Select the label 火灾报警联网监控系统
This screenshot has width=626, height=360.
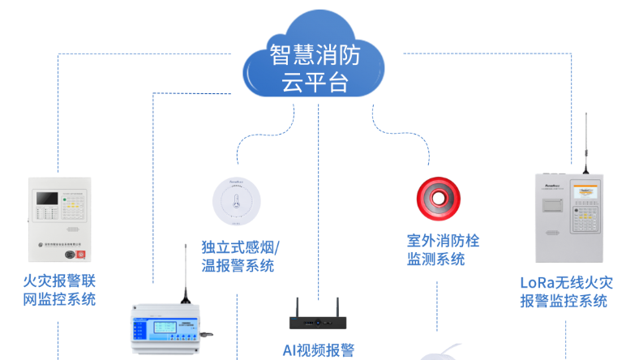coord(60,290)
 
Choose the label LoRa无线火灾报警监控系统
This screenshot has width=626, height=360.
coord(566,292)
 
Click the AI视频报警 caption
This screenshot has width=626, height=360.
coord(319,350)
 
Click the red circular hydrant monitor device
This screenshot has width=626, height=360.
coord(439,199)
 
